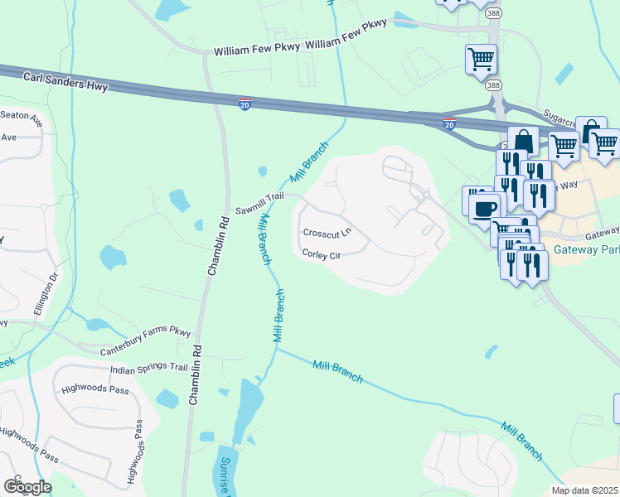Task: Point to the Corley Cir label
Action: pyautogui.click(x=322, y=254)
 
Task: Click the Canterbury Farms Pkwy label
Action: pyautogui.click(x=145, y=340)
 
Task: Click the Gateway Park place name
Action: pyautogui.click(x=591, y=250)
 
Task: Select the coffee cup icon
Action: pyautogui.click(x=484, y=208)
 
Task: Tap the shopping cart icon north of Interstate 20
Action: pyautogui.click(x=481, y=60)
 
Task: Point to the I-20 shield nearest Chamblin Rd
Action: pyautogui.click(x=245, y=104)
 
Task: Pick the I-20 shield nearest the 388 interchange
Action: pyautogui.click(x=448, y=123)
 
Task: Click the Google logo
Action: pyautogui.click(x=27, y=486)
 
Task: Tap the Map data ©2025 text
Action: pyautogui.click(x=584, y=490)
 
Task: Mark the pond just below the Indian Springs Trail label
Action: pyautogui.click(x=167, y=399)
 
